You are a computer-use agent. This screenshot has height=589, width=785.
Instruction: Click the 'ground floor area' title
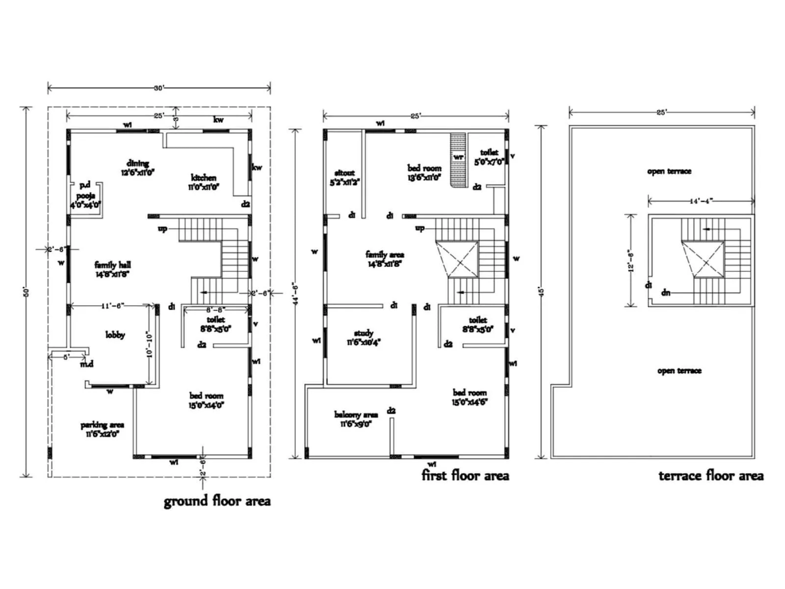click(x=217, y=501)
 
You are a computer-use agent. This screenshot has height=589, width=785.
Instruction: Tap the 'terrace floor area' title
click(x=711, y=476)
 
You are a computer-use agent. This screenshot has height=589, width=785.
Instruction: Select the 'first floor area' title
click(x=465, y=475)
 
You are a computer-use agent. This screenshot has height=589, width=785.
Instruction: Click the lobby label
click(x=115, y=335)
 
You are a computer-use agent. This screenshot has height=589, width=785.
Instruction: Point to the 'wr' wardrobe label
click(x=459, y=157)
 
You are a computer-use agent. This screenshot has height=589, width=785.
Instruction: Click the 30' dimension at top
click(x=159, y=88)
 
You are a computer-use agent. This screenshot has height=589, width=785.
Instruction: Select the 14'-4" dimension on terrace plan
click(x=701, y=201)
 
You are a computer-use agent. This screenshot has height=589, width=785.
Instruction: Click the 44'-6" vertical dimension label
click(x=295, y=294)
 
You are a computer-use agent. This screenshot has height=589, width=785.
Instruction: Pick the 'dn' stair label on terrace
click(x=666, y=293)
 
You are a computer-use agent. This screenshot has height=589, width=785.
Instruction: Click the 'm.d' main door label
click(x=87, y=364)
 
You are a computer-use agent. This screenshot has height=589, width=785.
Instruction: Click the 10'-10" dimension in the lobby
click(x=150, y=345)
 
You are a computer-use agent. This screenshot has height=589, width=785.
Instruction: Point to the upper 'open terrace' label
click(x=669, y=171)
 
